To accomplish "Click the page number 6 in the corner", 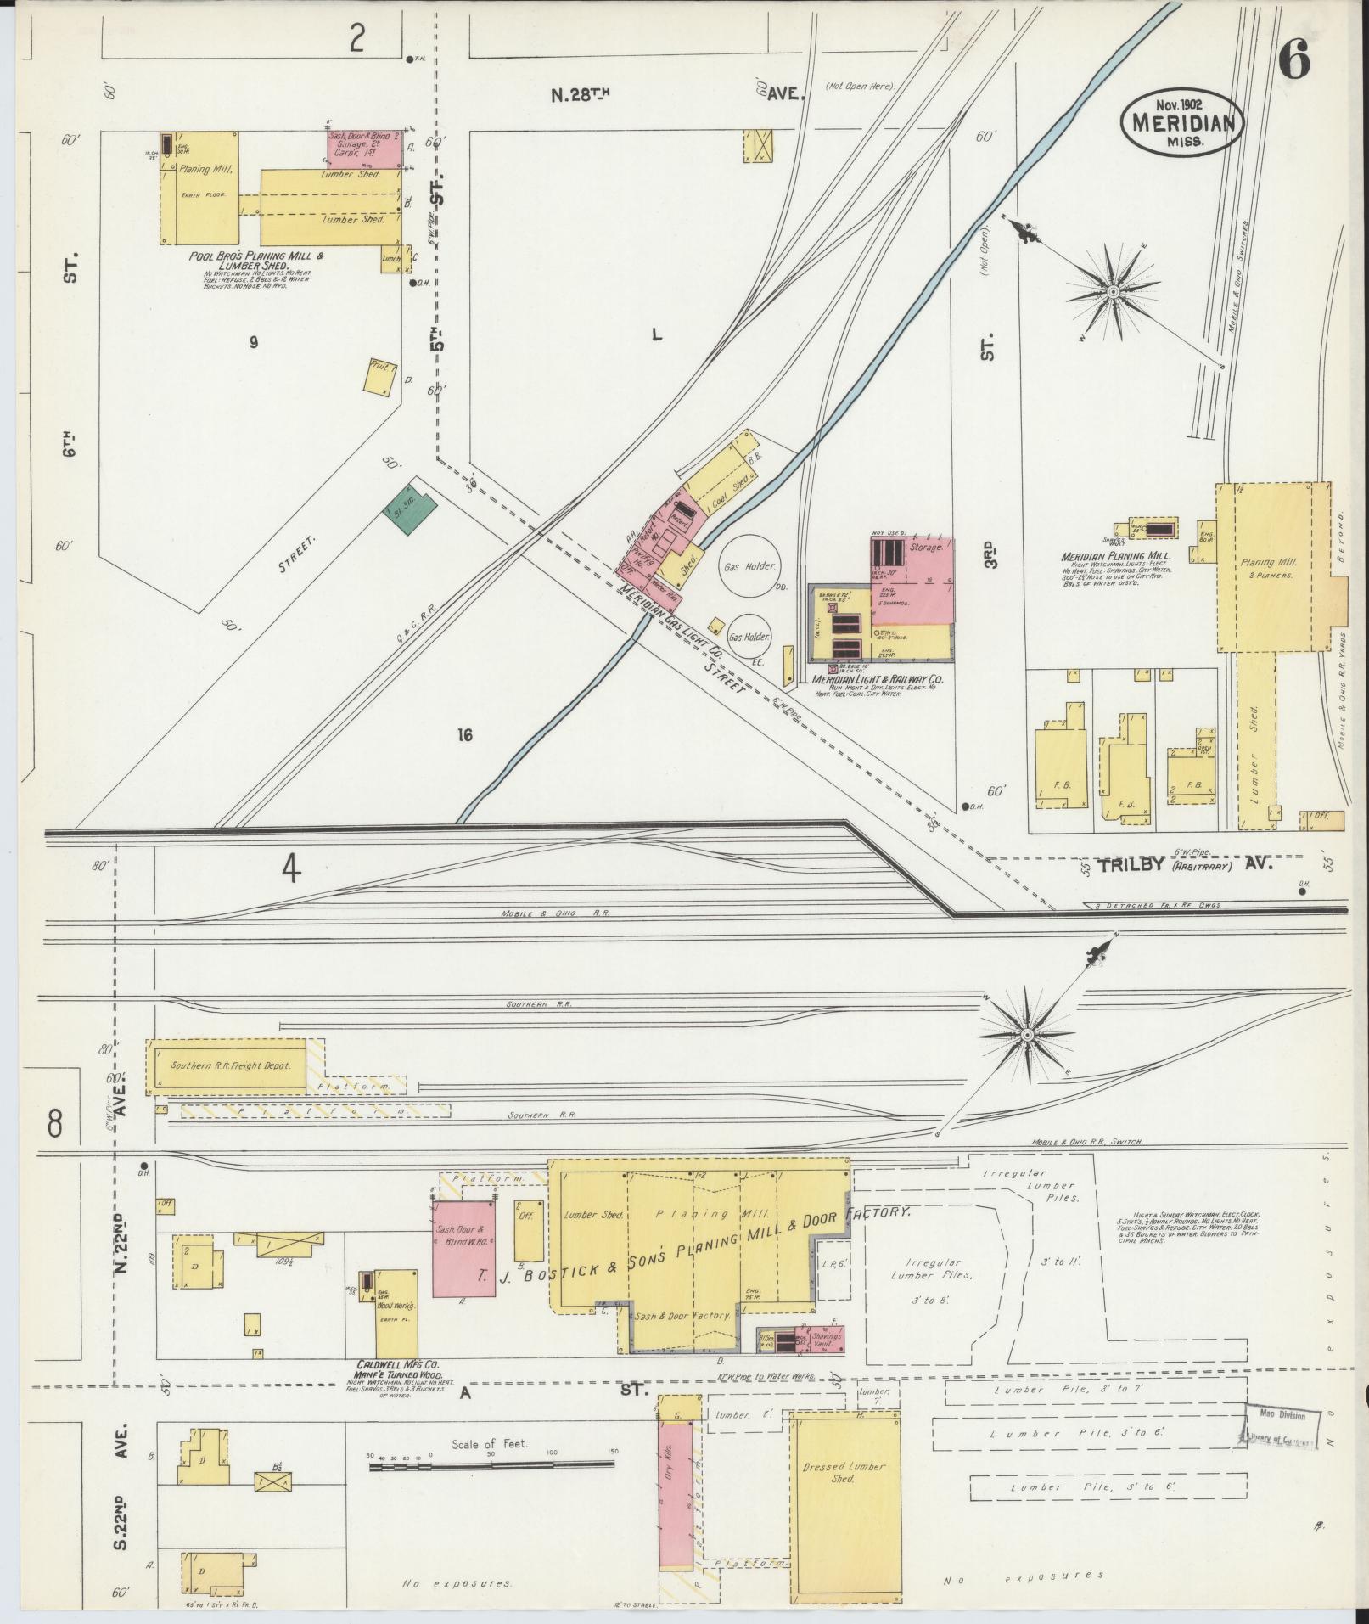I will (1293, 59).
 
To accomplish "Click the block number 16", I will (463, 735).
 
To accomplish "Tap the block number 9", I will (253, 343).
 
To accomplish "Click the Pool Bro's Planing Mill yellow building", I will (200, 187).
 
